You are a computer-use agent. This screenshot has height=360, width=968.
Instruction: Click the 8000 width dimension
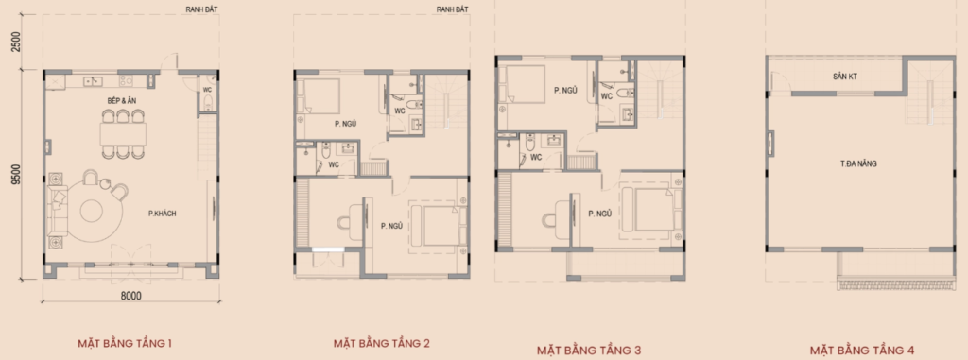pos(130,296)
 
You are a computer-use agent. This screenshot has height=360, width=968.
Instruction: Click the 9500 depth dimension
pos(16,175)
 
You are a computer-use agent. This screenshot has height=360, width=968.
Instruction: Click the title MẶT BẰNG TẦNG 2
pos(377,343)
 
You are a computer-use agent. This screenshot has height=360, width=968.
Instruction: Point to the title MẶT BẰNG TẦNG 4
pos(862,351)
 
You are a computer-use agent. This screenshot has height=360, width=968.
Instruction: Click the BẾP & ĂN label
pos(126,99)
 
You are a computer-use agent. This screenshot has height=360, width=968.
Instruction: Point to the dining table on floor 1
pos(124,133)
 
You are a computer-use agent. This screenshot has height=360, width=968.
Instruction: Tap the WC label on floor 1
pos(207,90)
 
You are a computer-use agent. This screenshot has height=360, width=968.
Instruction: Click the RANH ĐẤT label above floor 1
pos(202,9)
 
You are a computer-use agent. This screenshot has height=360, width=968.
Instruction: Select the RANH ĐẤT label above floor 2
pos(453,9)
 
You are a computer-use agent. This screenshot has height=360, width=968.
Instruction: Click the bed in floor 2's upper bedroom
pos(319,95)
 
